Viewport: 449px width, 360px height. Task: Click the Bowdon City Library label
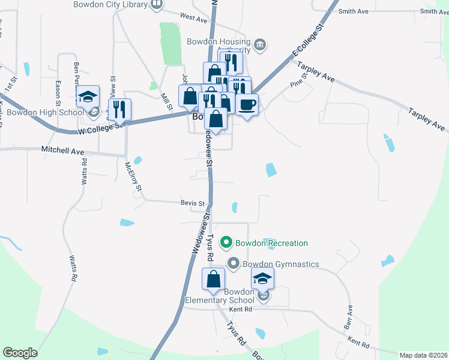click(110, 5)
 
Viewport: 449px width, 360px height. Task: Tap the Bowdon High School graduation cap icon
click(88, 96)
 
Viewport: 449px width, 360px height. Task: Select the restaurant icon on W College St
click(119, 109)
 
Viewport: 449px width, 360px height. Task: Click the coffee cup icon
click(247, 104)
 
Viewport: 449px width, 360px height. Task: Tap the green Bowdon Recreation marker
click(226, 243)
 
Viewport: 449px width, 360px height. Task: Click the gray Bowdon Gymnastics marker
click(234, 263)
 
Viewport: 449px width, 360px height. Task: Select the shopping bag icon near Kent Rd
click(213, 279)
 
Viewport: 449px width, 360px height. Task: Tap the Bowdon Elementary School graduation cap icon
click(262, 278)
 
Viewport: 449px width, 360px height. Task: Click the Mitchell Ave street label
click(62, 151)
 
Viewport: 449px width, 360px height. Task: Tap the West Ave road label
click(193, 18)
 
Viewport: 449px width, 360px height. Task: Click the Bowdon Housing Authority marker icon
click(261, 44)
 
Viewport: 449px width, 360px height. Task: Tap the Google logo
click(20, 353)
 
